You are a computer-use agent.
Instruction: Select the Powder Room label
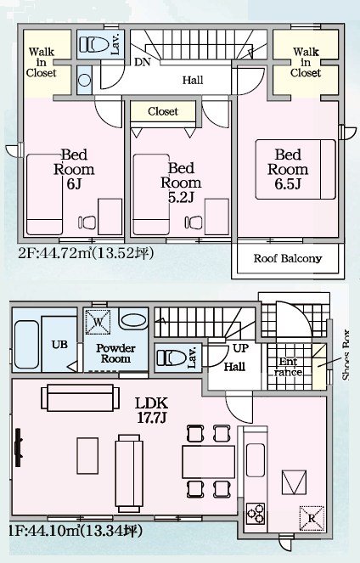pyautogui.click(x=115, y=353)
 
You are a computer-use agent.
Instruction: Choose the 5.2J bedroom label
pyautogui.click(x=181, y=183)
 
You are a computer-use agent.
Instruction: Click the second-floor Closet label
pyautogui.click(x=162, y=111)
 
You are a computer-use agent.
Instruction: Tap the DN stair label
pyautogui.click(x=142, y=62)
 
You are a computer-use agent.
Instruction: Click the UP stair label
pyautogui.click(x=240, y=350)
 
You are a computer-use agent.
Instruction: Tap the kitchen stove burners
pyautogui.click(x=255, y=512)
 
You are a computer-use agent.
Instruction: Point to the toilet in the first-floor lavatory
pyautogui.click(x=169, y=357)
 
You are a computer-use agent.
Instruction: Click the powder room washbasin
pyautogui.click(x=133, y=321)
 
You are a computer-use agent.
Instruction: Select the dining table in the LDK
pyautogui.click(x=207, y=459)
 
